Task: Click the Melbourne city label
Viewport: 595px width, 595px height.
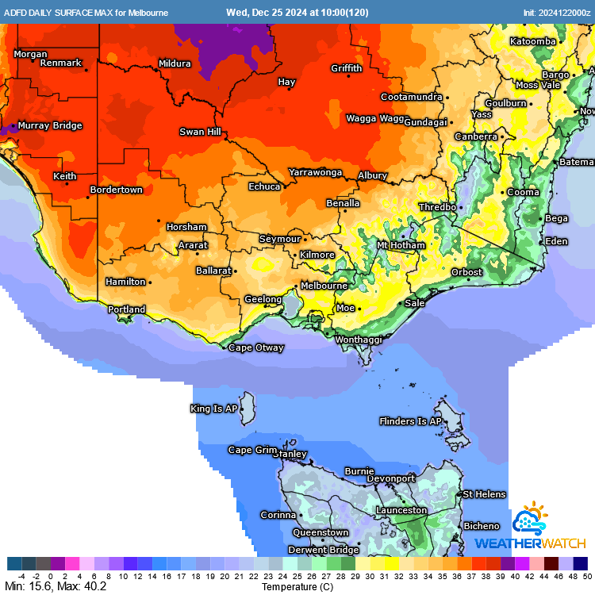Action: click(323, 286)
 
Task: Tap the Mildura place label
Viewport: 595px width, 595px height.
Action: click(175, 63)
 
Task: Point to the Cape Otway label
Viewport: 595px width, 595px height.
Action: click(255, 347)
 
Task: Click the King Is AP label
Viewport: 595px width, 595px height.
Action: click(213, 409)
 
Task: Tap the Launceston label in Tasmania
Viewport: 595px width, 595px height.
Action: click(401, 510)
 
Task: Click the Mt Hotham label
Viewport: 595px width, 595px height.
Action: click(401, 245)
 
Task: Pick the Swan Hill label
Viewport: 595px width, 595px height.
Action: click(200, 132)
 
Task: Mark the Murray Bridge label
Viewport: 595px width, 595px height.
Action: click(50, 125)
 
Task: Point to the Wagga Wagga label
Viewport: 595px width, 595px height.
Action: click(375, 118)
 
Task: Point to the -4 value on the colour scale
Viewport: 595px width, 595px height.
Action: click(21, 577)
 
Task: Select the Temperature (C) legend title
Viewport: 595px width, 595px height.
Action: click(297, 587)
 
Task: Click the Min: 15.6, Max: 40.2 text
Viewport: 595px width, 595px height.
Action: click(55, 587)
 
